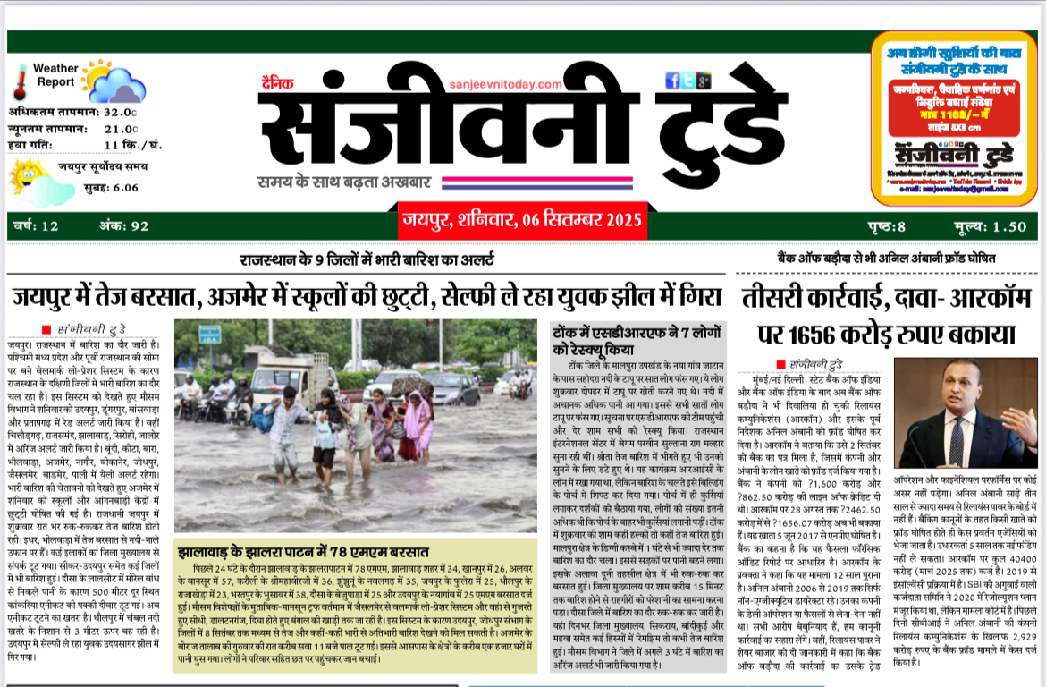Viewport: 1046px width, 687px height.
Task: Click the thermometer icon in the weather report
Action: tap(20, 81)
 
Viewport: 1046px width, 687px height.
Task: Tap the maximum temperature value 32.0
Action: tap(121, 113)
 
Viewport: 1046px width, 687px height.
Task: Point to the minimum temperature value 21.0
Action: tap(121, 129)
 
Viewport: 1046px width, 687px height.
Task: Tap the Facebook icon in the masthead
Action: tap(672, 81)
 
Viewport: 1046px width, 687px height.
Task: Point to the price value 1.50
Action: tap(1008, 226)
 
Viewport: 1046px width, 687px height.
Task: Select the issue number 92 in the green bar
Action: tap(139, 226)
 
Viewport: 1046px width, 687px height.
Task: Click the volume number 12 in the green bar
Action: tap(49, 226)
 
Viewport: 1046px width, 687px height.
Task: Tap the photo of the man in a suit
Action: tap(966, 412)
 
